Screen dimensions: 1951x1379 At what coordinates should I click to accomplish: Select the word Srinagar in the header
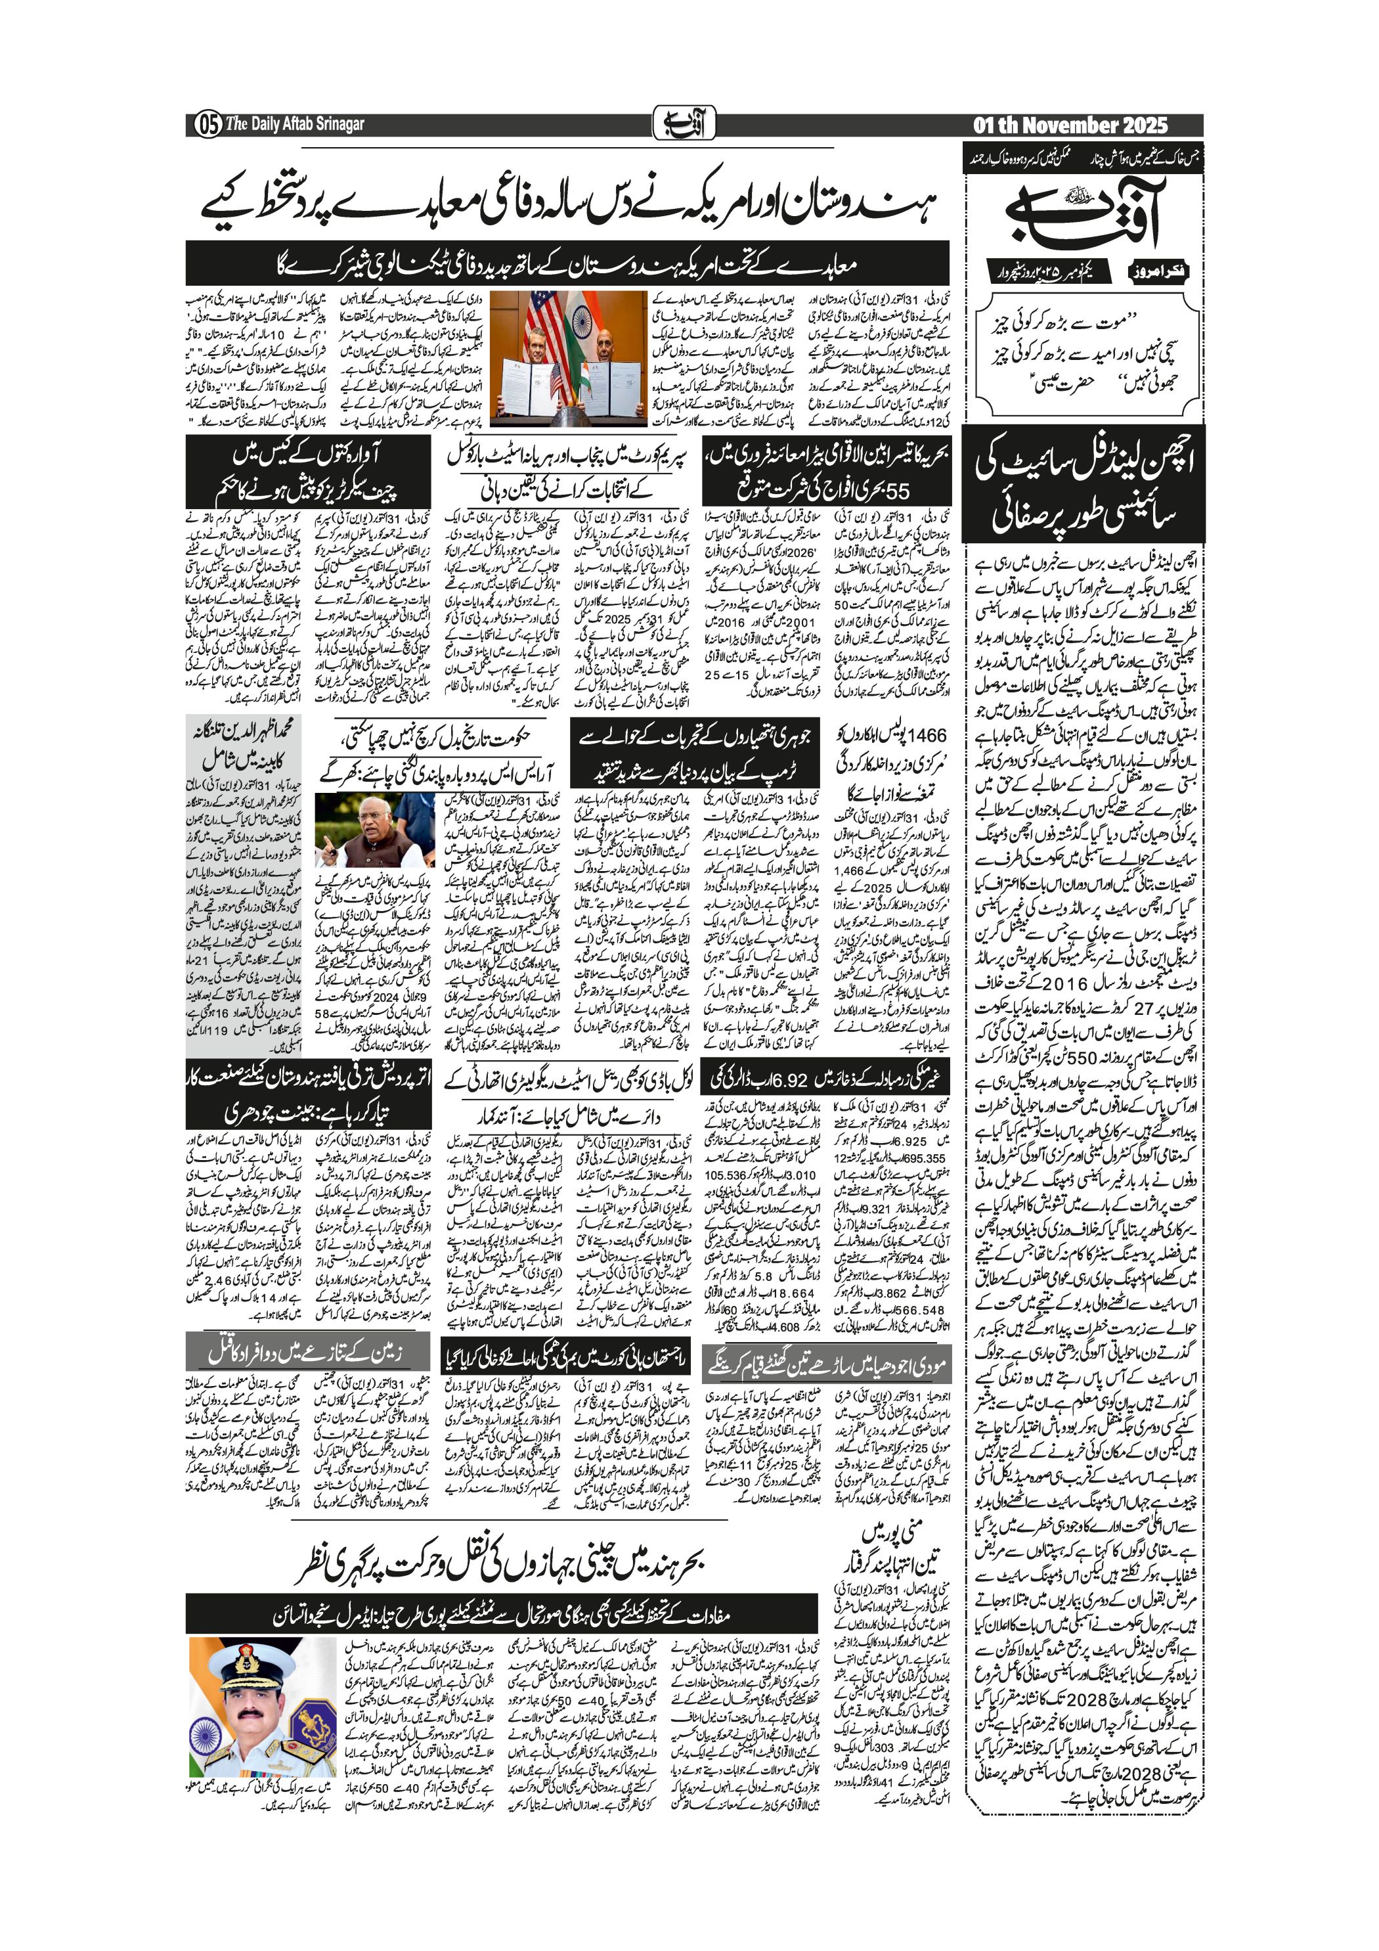pos(336,124)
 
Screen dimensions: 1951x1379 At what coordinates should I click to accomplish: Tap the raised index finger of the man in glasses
pos(326,838)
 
